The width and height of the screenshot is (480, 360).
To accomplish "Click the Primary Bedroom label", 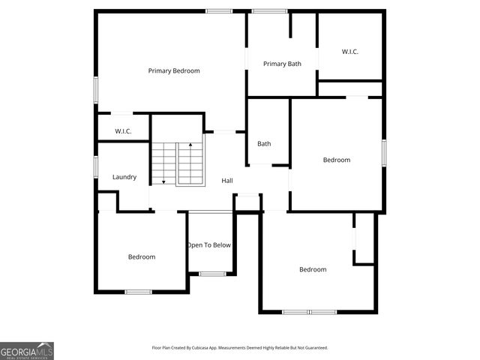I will pos(174,70).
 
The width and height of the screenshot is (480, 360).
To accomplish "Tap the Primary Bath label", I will pos(282,64).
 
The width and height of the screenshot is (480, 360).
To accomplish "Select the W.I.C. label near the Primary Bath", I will pos(349,51).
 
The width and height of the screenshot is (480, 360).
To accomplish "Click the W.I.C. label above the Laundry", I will pos(124,131).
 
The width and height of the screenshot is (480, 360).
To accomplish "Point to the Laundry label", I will pos(124,177).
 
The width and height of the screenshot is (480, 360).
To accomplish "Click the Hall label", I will pos(226,181).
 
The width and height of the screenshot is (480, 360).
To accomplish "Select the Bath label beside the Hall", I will pos(264,144).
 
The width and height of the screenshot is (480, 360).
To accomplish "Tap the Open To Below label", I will pos(209,245).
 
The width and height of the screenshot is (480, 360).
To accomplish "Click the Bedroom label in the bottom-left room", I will pos(141,256).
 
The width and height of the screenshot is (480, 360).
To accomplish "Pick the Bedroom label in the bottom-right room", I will pos(313,269).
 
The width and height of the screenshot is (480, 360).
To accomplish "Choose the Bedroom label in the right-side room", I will pos(337,160).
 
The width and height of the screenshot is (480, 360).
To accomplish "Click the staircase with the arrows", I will pos(178,163).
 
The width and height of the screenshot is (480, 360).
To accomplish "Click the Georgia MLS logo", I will pos(27,350).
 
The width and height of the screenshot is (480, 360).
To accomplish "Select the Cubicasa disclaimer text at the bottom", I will pos(240,348).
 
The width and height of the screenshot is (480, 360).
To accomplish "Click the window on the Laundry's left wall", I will pos(96,166).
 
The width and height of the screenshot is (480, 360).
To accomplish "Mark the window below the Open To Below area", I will pos(212,274).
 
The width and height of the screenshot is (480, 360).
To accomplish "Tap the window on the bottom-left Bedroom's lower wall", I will pos(138,292).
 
